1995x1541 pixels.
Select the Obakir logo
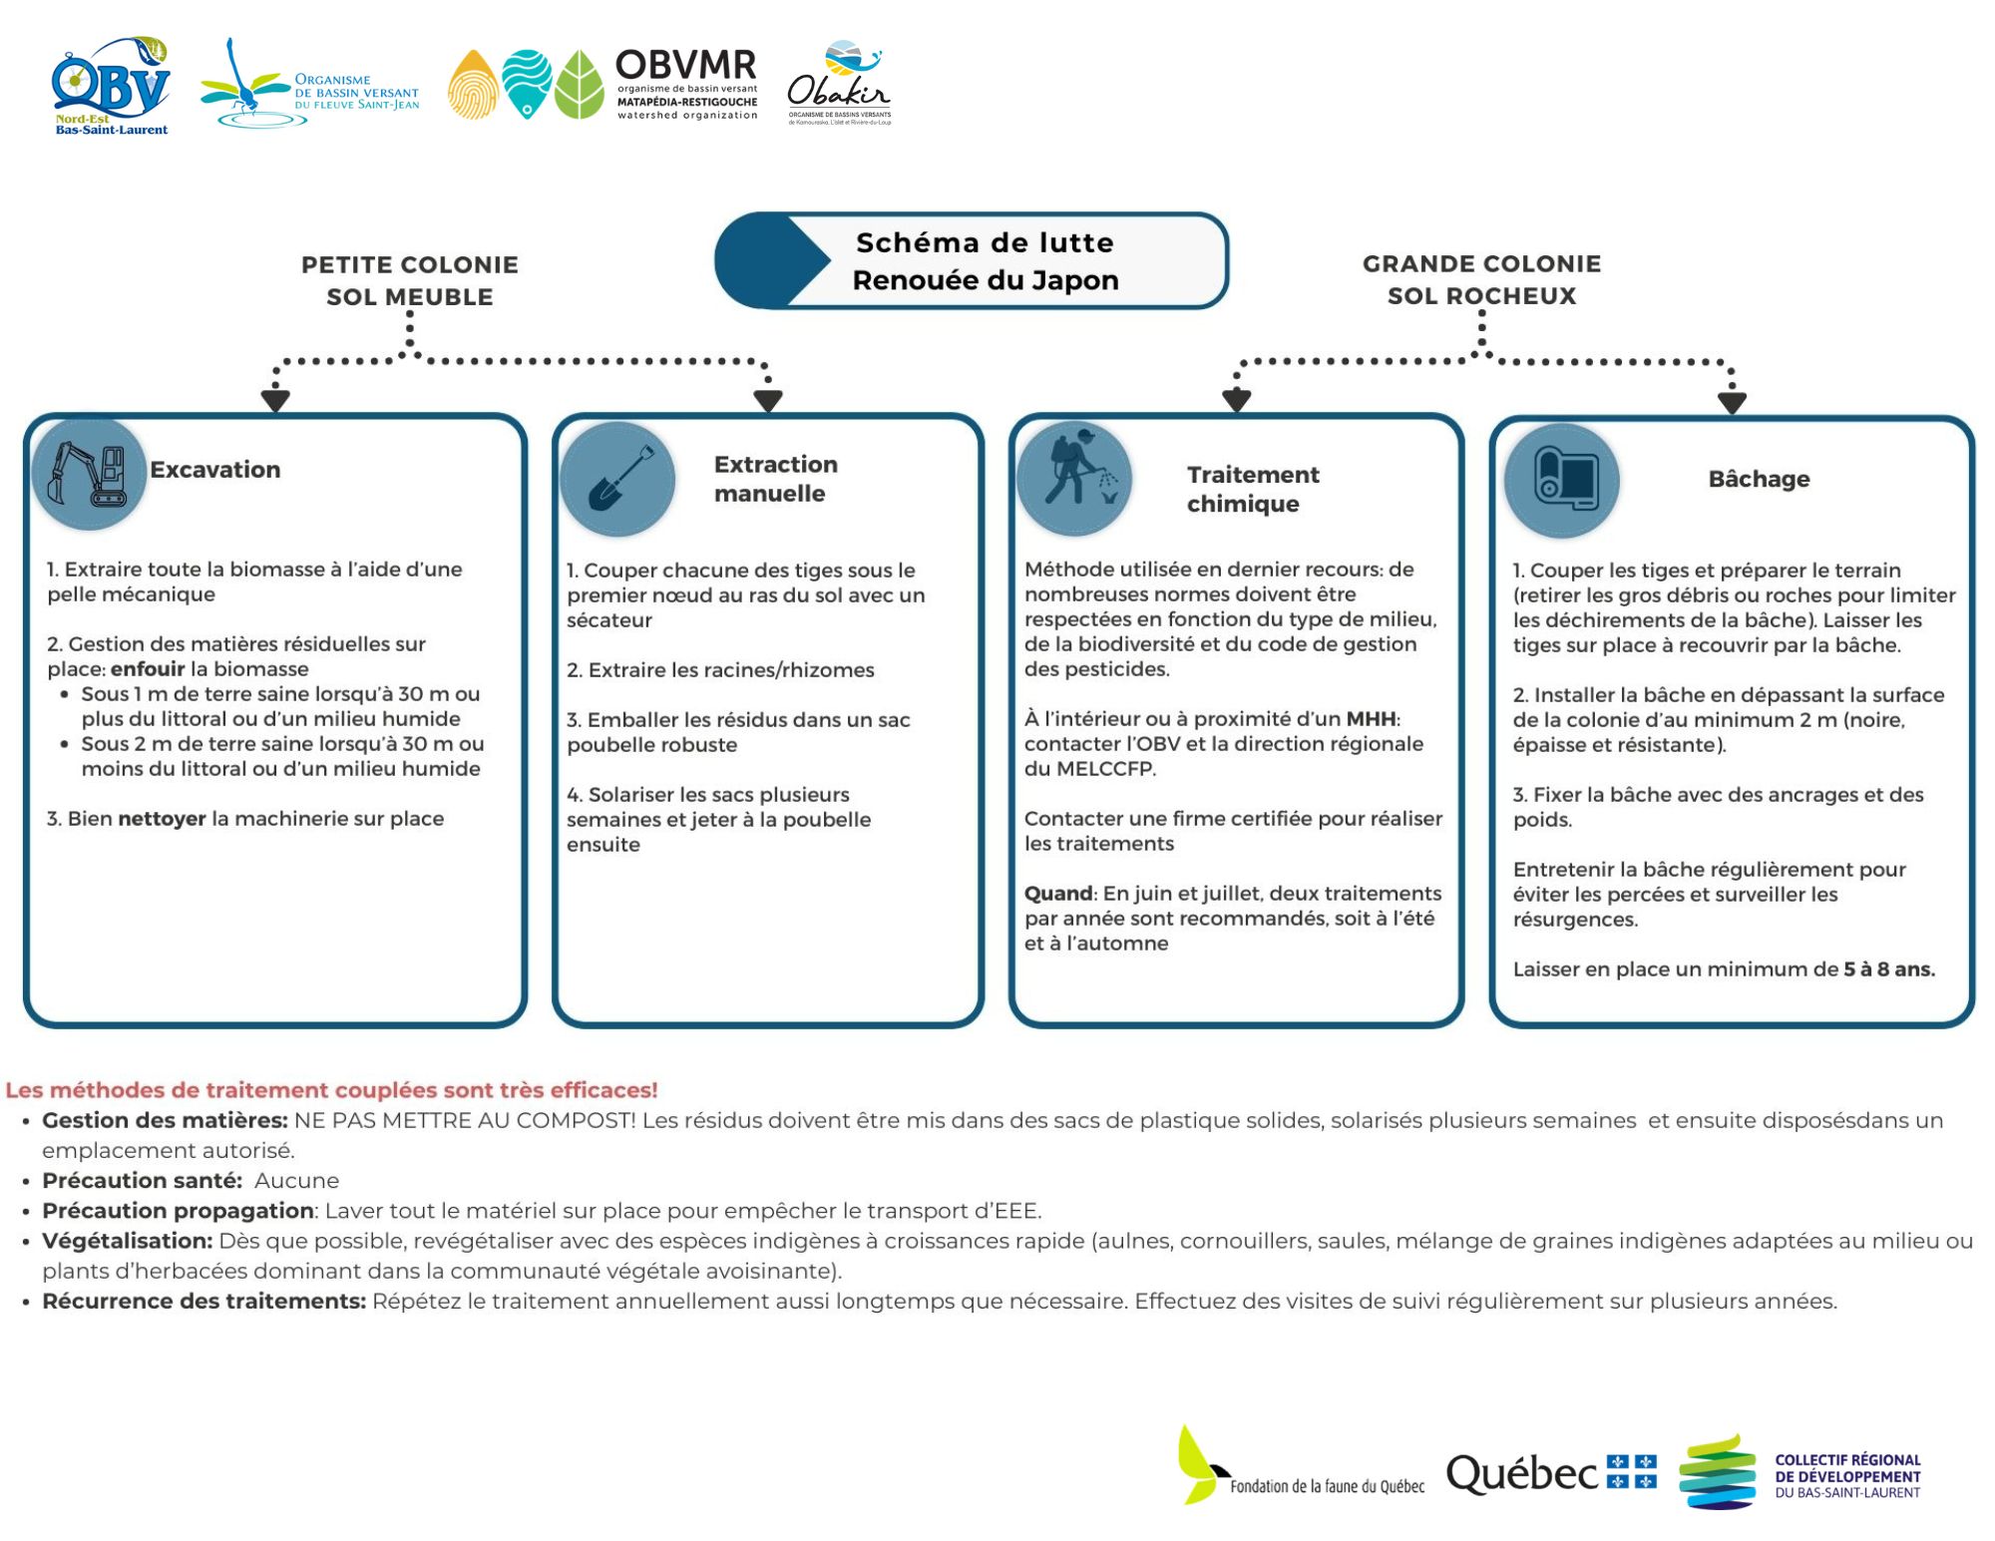[x=839, y=85]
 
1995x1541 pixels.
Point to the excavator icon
[x=89, y=474]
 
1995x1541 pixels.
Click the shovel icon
[x=617, y=479]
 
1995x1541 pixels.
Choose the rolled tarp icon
[x=1562, y=480]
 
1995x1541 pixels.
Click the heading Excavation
[x=215, y=470]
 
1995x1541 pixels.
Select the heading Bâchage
[x=1759, y=479]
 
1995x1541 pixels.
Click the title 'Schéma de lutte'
[x=985, y=242]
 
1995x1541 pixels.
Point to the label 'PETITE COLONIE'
[x=410, y=264]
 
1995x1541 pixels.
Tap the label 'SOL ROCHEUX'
[x=1481, y=296]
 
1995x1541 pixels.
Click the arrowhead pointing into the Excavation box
[x=275, y=400]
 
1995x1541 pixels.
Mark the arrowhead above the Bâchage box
[x=1732, y=402]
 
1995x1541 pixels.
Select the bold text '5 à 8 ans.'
[x=1888, y=969]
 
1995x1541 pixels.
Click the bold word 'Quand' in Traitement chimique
[x=1058, y=894]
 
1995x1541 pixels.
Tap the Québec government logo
[x=1551, y=1473]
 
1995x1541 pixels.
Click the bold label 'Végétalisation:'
[x=127, y=1241]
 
